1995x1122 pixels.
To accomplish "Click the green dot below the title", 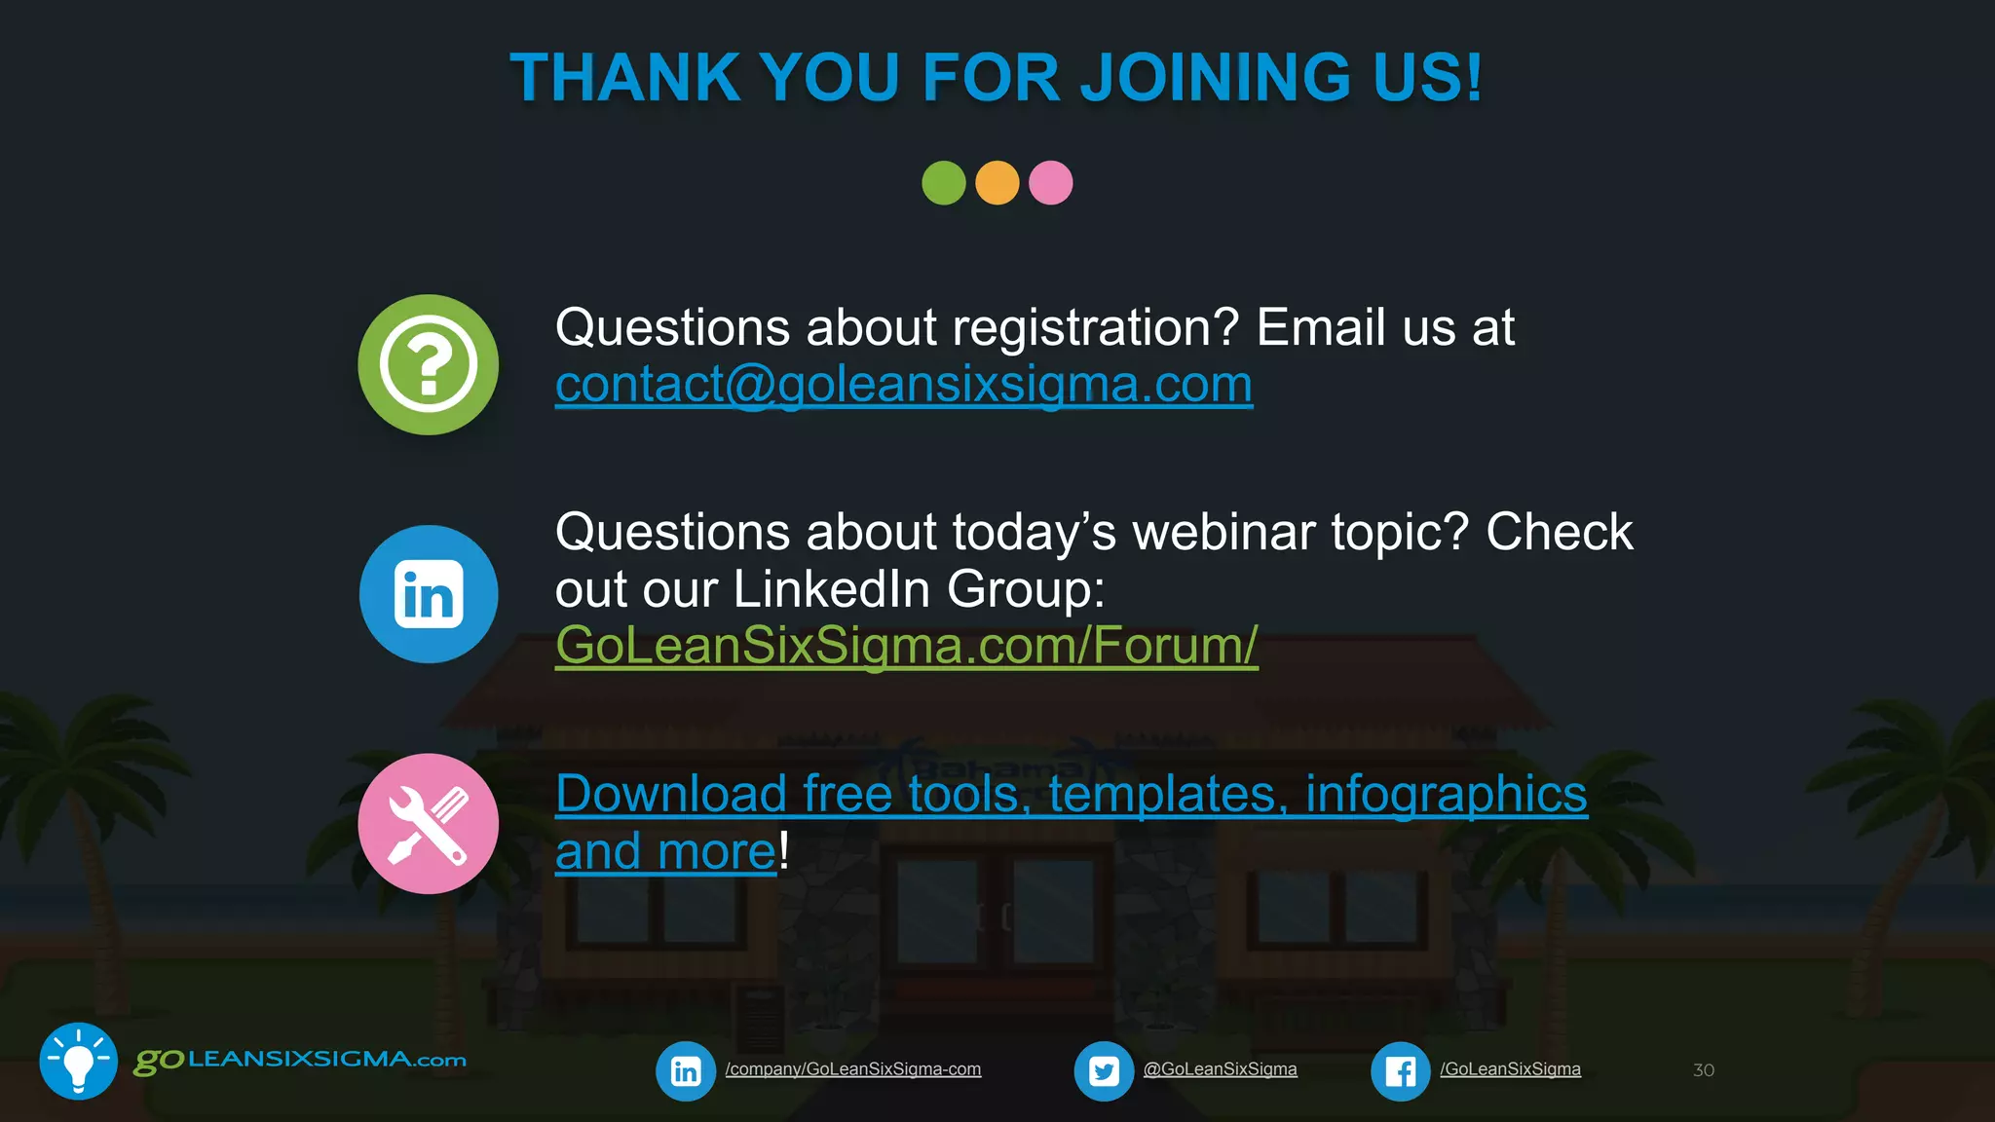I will (943, 183).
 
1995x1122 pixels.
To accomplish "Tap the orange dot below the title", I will (997, 183).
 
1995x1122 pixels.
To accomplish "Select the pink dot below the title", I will (1050, 183).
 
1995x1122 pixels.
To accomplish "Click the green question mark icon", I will (428, 365).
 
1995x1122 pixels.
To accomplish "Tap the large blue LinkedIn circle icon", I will (429, 594).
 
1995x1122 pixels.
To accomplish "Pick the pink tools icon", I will (428, 824).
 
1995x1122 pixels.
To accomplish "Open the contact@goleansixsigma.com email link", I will (903, 385).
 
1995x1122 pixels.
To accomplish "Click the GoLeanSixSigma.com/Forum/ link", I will (906, 646).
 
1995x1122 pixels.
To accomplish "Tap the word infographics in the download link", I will (1446, 795).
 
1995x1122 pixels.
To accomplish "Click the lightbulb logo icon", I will (78, 1062).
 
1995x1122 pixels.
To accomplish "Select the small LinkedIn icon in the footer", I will (686, 1071).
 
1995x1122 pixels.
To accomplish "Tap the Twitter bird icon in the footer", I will (1104, 1071).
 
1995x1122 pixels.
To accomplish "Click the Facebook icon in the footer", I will (1400, 1071).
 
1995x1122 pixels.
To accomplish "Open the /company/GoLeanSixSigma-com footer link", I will (852, 1069).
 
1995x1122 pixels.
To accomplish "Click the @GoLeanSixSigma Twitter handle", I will (1220, 1069).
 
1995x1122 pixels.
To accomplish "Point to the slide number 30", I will (1703, 1070).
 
